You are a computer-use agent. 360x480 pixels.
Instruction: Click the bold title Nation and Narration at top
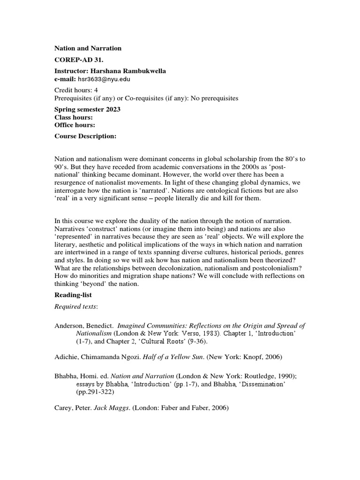(88, 48)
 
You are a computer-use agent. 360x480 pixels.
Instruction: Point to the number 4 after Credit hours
(96, 90)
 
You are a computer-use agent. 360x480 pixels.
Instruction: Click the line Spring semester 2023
(88, 109)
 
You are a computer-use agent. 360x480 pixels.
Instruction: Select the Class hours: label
(74, 117)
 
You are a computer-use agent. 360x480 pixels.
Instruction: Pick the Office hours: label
(75, 125)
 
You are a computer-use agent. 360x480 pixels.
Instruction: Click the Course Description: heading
(85, 136)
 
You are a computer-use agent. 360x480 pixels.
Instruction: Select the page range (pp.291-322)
(96, 392)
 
